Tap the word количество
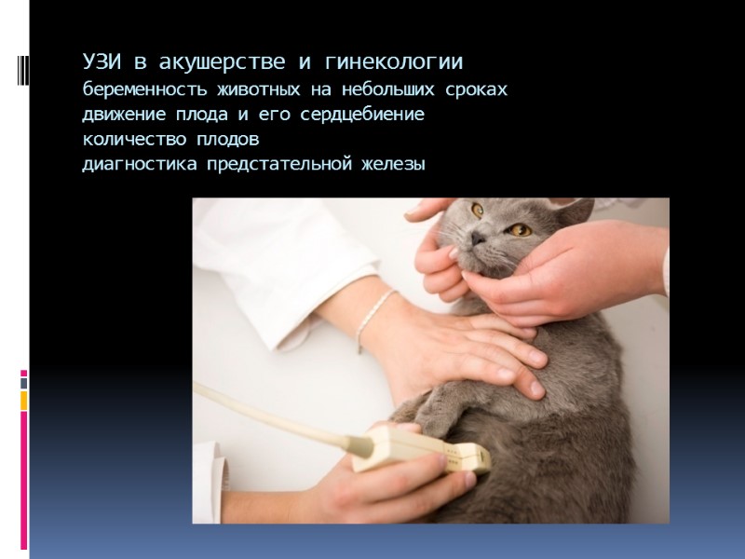coord(133,141)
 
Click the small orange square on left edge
coord(24,401)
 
